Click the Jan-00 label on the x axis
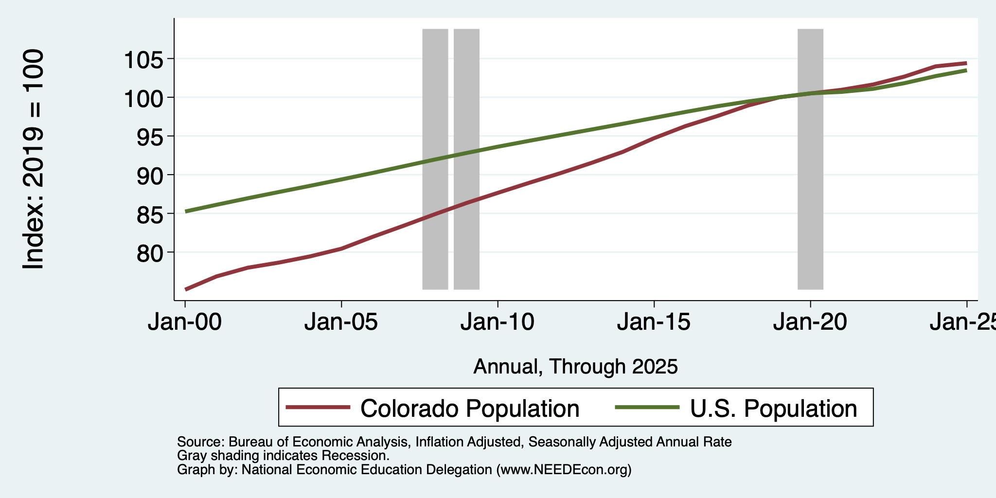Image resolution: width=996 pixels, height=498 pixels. (x=185, y=322)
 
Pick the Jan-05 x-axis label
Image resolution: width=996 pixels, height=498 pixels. (x=341, y=322)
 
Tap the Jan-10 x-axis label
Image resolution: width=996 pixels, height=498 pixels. (x=498, y=322)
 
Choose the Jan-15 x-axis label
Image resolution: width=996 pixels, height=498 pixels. (x=654, y=322)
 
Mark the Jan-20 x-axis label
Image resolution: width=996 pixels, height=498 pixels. (x=810, y=322)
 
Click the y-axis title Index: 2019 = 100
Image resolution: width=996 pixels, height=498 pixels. (x=34, y=159)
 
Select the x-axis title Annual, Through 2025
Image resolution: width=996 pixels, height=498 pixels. (x=575, y=367)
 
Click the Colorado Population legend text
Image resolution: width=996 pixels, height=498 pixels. (x=470, y=409)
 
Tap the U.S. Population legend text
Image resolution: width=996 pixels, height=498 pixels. (x=774, y=409)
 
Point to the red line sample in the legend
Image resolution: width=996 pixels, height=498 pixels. (x=318, y=408)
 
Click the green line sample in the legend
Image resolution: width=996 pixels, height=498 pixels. (x=647, y=408)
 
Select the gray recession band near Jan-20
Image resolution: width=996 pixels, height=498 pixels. (x=810, y=159)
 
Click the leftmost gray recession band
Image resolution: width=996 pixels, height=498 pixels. (x=435, y=159)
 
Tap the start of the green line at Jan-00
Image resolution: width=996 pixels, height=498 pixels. (x=186, y=212)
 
